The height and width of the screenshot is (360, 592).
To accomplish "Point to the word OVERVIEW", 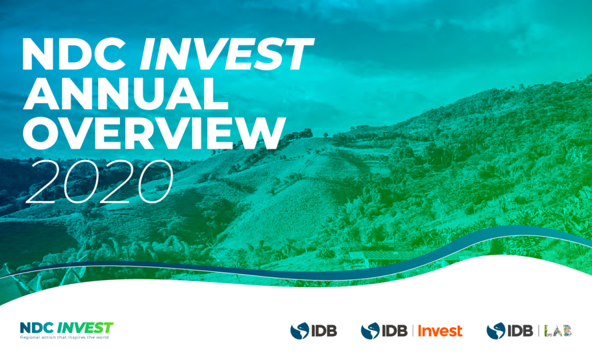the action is coord(154,133).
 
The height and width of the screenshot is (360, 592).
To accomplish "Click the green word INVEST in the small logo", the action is coord(85,327).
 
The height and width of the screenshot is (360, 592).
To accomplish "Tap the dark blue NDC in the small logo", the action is coord(37,327).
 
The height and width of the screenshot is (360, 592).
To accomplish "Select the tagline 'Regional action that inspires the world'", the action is coord(64,337).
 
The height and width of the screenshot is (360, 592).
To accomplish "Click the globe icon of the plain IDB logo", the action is coord(299,331).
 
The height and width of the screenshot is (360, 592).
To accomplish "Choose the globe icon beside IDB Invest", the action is coord(370,331).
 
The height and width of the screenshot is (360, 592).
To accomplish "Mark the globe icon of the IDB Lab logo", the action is coord(496,331).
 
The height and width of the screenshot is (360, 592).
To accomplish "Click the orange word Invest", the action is coord(440,331).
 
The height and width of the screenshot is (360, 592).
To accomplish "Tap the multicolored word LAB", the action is coord(558,331).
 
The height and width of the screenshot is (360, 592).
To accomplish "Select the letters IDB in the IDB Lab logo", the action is coord(520,331).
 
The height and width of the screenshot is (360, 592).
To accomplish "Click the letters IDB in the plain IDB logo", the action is coord(324,331).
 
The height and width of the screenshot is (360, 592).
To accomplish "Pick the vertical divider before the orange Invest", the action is coord(413,331).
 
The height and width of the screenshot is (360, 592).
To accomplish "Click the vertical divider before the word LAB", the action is coord(539,331).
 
